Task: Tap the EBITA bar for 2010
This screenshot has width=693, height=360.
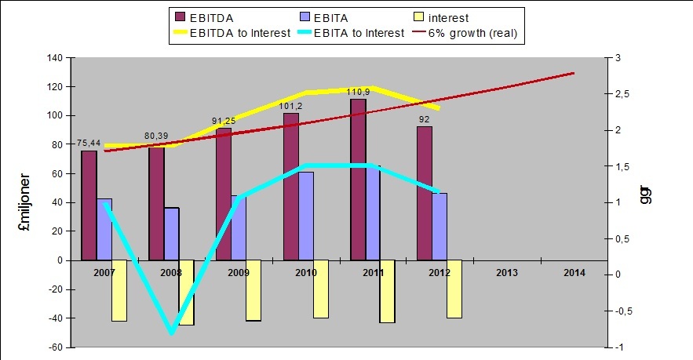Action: pyautogui.click(x=306, y=216)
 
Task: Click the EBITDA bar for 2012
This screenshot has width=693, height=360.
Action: pyautogui.click(x=425, y=193)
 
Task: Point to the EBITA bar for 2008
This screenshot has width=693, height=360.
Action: pyautogui.click(x=171, y=234)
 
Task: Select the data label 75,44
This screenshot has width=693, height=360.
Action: pyautogui.click(x=89, y=143)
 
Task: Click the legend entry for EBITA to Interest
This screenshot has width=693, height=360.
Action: pyautogui.click(x=358, y=32)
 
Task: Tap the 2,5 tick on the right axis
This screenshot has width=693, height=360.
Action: pyautogui.click(x=622, y=94)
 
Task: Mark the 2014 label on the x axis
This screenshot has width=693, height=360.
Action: pyautogui.click(x=574, y=273)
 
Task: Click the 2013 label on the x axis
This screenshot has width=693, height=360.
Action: pyautogui.click(x=507, y=273)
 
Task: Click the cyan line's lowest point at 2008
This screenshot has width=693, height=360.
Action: pyautogui.click(x=172, y=333)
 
